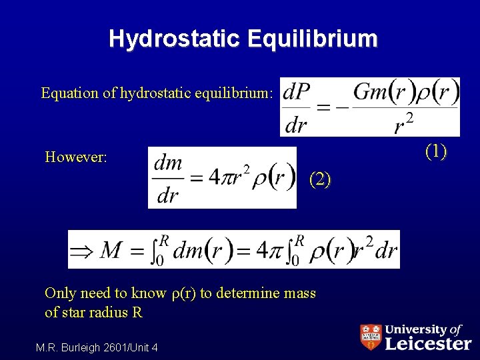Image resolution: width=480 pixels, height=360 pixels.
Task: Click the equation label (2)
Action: [319, 179]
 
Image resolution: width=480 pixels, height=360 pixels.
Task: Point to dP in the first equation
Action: [297, 93]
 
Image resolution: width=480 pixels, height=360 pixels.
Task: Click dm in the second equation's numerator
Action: [167, 163]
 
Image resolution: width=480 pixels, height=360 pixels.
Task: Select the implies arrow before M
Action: [83, 250]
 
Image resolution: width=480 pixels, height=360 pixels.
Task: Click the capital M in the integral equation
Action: [111, 250]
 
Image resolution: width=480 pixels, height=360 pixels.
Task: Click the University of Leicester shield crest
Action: [371, 337]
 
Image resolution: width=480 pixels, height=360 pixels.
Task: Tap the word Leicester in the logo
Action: [429, 343]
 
